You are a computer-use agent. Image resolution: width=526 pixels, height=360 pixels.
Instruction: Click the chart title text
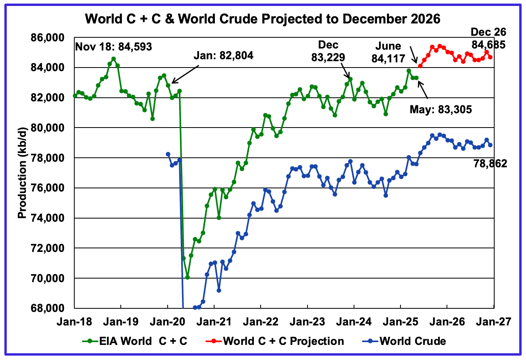pos(263,19)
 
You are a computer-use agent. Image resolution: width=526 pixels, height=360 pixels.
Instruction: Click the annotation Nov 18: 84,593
pos(114,47)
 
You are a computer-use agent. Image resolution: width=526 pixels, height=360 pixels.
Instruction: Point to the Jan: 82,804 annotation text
pos(223,56)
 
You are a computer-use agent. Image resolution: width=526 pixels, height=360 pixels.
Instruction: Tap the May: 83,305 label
pos(441,109)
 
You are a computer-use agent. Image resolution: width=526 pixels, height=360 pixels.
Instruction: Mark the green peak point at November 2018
pos(114,59)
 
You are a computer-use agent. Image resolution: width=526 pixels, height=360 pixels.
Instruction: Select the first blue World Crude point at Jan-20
pos(168,154)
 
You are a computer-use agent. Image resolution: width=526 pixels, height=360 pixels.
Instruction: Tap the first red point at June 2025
pos(420,66)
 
